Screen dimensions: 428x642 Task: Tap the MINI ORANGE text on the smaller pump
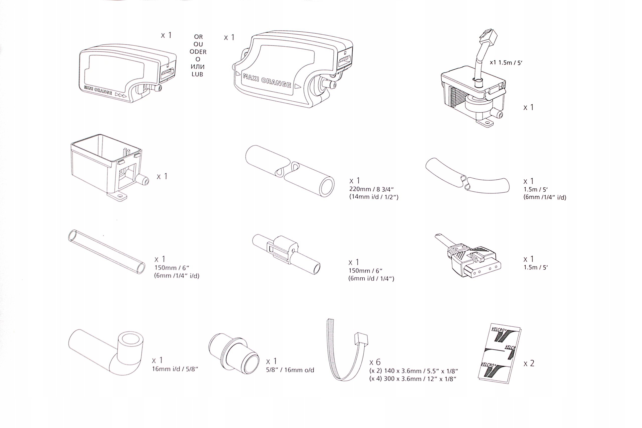pos(98,91)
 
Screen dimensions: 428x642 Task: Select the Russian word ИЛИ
pos(198,66)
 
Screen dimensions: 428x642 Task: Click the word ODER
pos(198,52)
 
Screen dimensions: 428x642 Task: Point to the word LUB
pos(197,74)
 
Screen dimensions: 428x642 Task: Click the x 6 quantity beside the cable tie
pos(375,362)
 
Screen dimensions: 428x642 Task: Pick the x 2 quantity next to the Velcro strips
pos(528,363)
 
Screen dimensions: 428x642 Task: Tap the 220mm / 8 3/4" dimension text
pos(371,189)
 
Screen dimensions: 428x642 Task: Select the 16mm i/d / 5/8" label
pos(175,369)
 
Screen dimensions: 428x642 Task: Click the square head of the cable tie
pos(361,339)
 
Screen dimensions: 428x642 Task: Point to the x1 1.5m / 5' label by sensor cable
pos(506,62)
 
